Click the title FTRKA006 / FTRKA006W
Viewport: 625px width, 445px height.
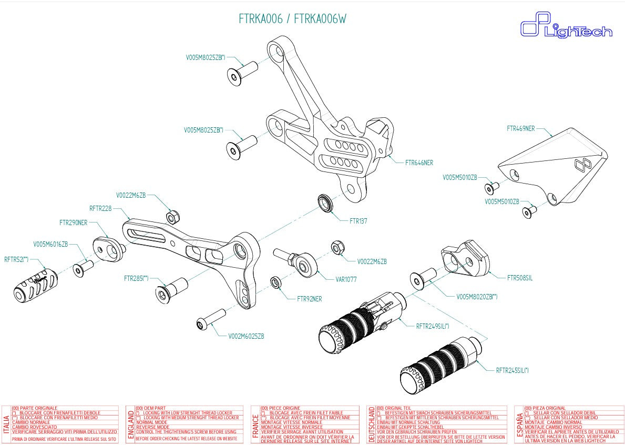point(292,19)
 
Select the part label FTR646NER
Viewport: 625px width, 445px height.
point(419,163)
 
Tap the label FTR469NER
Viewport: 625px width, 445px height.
point(520,128)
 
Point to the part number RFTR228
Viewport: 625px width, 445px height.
point(100,208)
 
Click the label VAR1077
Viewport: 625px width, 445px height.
point(346,279)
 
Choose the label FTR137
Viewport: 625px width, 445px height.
point(358,221)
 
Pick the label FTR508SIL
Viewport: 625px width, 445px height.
point(519,278)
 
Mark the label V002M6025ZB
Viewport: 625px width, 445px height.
point(246,336)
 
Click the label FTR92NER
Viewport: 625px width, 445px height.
point(310,299)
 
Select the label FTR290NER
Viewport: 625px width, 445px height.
point(73,223)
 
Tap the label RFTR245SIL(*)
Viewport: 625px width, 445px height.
point(512,370)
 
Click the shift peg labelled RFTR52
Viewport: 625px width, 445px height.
point(35,284)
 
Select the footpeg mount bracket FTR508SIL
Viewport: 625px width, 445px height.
point(464,257)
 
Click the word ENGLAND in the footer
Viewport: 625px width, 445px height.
point(130,424)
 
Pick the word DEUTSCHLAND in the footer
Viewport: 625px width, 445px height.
point(371,424)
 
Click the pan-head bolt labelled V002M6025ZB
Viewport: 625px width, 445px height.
point(210,320)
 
